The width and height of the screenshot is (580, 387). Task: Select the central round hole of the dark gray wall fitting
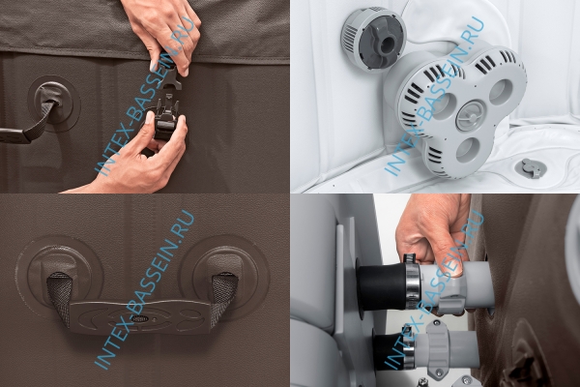point(386,45)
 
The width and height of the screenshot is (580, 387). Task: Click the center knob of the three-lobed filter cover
point(470,115)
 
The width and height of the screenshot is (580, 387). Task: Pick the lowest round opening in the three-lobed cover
point(469,150)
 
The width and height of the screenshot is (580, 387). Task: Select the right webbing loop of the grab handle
point(223,296)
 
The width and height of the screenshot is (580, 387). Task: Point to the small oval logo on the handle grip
point(141,318)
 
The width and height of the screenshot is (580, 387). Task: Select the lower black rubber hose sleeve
point(390,350)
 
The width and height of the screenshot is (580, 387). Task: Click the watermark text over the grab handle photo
point(145,289)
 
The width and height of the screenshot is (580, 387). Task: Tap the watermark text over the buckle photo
point(144,94)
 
